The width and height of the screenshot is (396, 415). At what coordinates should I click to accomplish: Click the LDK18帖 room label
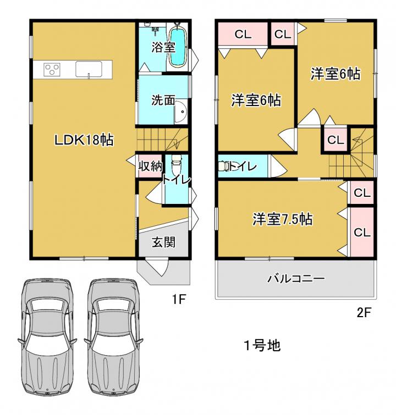[x=84, y=140]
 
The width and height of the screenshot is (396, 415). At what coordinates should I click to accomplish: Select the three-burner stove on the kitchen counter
[x=52, y=70]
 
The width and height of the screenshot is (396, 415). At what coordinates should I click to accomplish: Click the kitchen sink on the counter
[x=89, y=69]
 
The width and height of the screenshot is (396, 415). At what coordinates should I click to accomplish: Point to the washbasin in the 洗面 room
[x=181, y=112]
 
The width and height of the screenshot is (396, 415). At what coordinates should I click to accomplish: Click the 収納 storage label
[x=151, y=166]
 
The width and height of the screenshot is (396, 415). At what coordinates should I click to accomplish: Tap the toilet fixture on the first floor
[x=176, y=164]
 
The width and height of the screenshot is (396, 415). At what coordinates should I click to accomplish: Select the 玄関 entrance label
[x=163, y=242]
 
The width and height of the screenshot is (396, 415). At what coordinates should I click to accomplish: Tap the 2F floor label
[x=364, y=313]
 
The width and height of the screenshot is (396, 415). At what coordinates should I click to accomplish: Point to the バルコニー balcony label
[x=296, y=279]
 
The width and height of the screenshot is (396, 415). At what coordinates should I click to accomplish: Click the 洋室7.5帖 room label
[x=282, y=219]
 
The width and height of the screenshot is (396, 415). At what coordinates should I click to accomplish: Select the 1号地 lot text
[x=262, y=345]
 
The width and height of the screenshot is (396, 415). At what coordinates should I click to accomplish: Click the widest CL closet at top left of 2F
[x=243, y=34]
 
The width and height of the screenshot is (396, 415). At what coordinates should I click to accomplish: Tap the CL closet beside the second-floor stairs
[x=335, y=140]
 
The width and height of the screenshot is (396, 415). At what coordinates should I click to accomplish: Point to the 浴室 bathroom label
[x=163, y=47]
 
